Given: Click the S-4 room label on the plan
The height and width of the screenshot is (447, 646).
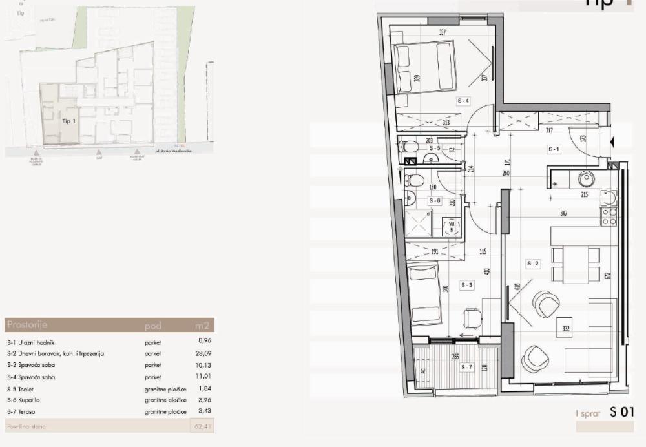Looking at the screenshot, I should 463,101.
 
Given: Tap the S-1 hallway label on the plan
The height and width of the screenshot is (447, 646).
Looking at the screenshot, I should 554,149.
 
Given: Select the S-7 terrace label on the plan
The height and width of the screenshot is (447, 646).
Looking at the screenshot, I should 467,368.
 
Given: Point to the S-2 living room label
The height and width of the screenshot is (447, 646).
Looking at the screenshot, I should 533,264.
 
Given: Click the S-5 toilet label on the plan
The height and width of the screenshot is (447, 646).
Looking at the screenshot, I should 434,149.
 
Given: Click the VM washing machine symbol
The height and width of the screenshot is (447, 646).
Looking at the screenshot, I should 452,225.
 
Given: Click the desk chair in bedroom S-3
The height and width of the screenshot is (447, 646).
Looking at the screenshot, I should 473,317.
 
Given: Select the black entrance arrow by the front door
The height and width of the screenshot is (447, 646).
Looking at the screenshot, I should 613,141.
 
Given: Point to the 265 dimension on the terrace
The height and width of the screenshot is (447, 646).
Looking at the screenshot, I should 455,356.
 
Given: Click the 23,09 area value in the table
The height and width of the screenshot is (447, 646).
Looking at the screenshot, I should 204,353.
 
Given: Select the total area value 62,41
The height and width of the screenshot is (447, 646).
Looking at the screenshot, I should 203,426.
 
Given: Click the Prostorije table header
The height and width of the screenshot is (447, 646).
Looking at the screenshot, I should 26,324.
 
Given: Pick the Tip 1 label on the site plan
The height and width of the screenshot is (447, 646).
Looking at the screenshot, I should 69,121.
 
